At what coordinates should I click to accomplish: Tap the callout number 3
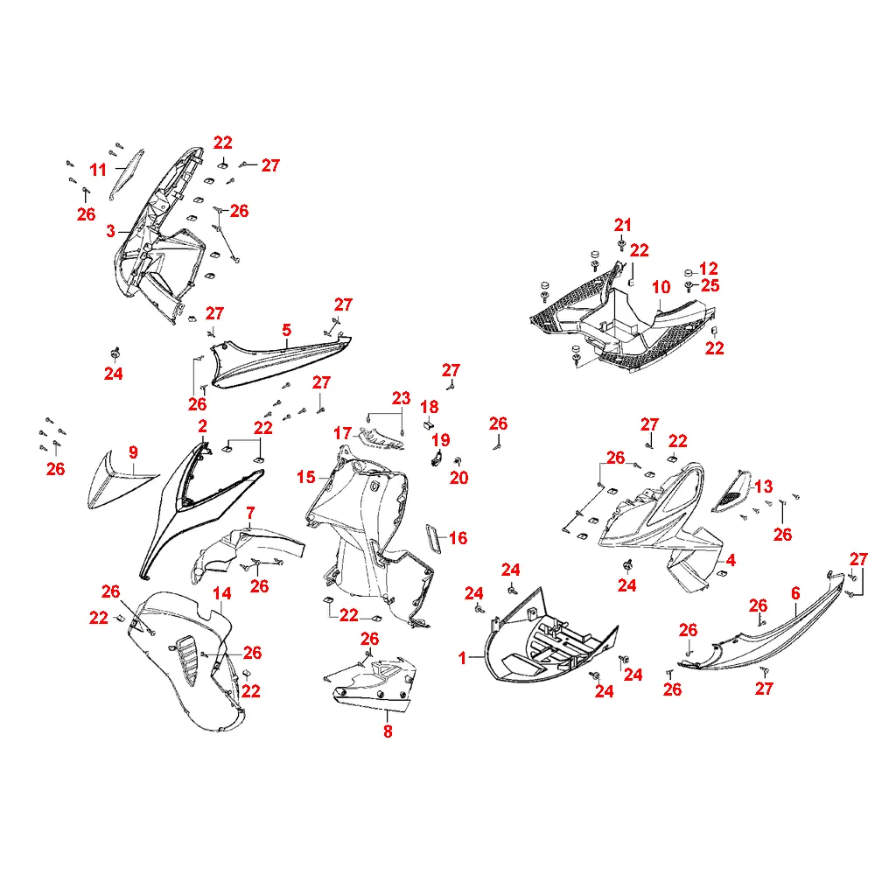click(111, 231)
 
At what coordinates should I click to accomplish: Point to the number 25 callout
click(710, 286)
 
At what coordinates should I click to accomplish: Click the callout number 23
click(401, 398)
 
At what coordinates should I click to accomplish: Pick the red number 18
click(429, 407)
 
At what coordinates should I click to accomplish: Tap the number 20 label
click(459, 477)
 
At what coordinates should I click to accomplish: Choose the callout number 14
click(222, 594)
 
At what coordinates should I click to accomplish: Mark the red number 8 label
click(388, 731)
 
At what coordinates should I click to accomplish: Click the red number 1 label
click(463, 659)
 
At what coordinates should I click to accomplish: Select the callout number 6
click(795, 593)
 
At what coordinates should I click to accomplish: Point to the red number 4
click(731, 559)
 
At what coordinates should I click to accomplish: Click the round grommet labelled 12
click(689, 270)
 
